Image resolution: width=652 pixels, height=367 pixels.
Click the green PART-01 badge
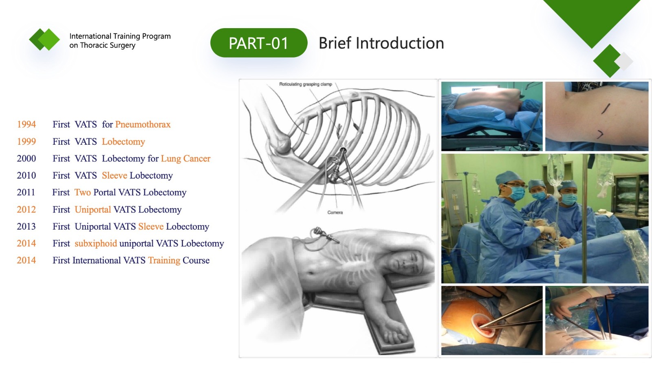click(x=259, y=43)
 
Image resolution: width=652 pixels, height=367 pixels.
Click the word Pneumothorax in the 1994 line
click(x=143, y=124)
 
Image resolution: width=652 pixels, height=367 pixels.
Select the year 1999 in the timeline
click(x=26, y=141)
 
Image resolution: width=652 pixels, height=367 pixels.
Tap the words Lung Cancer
click(x=186, y=159)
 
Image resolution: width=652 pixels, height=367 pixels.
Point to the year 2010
click(x=26, y=175)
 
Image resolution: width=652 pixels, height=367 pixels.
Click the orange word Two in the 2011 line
click(x=83, y=192)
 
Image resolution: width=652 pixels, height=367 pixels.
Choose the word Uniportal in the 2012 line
click(x=93, y=210)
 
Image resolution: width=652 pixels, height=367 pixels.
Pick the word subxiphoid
click(x=96, y=243)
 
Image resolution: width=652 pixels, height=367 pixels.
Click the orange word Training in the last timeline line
click(x=164, y=260)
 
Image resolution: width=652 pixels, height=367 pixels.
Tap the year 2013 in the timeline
click(x=26, y=226)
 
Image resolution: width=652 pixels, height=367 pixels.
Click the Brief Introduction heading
click(x=381, y=43)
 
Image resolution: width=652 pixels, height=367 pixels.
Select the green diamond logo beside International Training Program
click(x=44, y=39)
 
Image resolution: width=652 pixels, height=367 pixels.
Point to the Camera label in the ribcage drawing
click(x=335, y=212)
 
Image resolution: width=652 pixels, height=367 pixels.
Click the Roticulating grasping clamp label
click(x=306, y=84)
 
